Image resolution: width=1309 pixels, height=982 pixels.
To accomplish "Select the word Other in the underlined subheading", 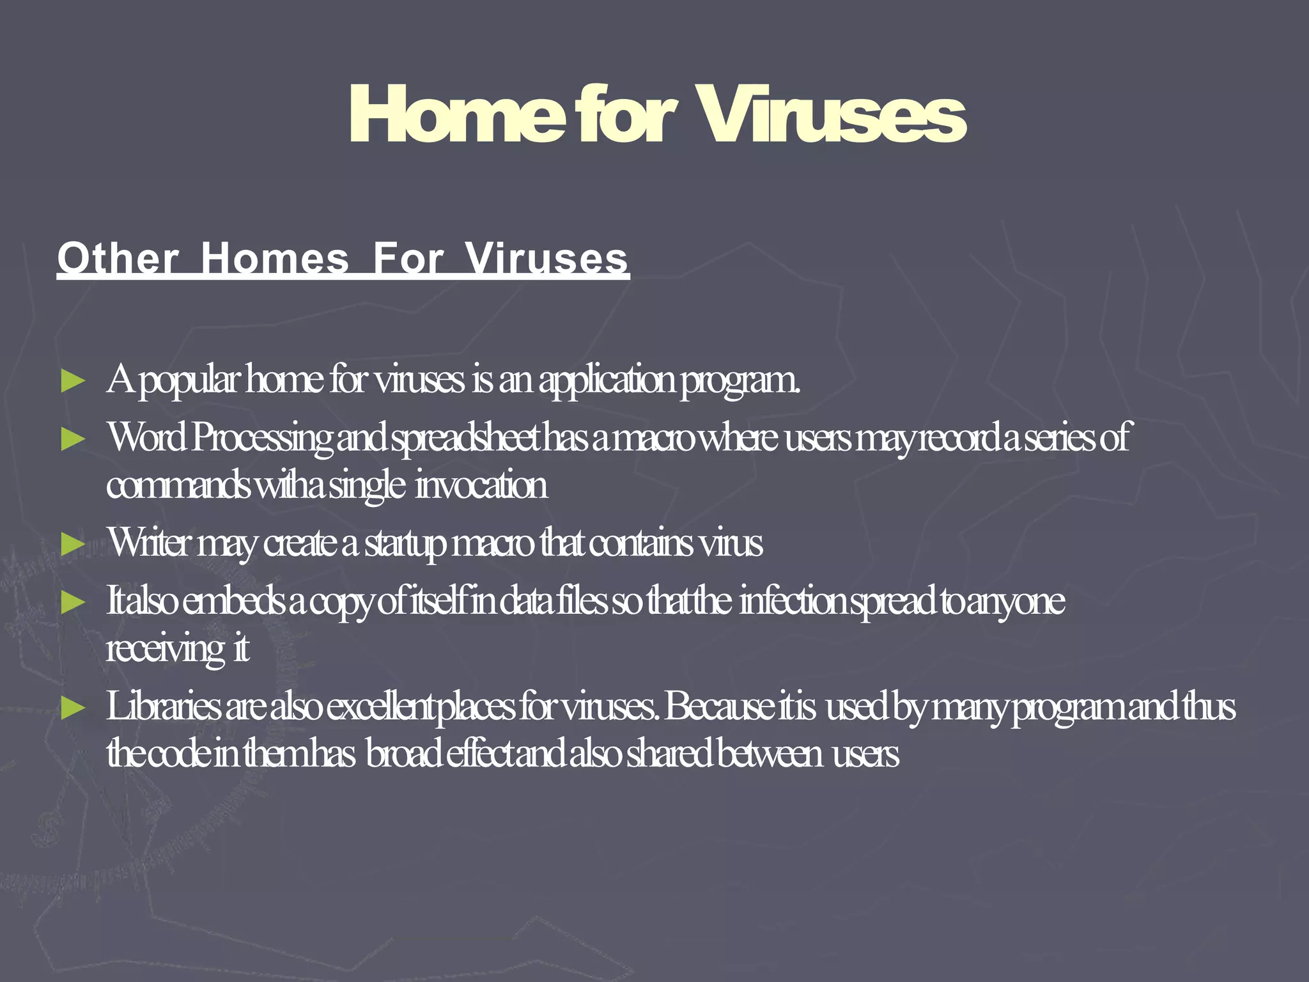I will (x=118, y=259).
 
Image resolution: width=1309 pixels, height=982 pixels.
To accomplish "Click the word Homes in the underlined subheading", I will (x=275, y=259).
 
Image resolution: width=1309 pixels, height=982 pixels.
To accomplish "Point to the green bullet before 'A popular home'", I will (x=73, y=381).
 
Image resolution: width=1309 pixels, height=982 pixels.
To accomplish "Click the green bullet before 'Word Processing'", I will (x=73, y=439).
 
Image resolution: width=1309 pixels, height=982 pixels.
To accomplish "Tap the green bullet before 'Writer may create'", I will (x=73, y=545).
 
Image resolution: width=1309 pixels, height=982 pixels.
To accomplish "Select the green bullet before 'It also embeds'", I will (x=73, y=602).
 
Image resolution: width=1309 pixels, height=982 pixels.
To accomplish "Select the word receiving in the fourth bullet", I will (x=166, y=651).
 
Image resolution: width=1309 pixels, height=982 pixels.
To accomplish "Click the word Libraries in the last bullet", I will (x=163, y=707).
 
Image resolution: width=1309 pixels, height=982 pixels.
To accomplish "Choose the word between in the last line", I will (x=770, y=754).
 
